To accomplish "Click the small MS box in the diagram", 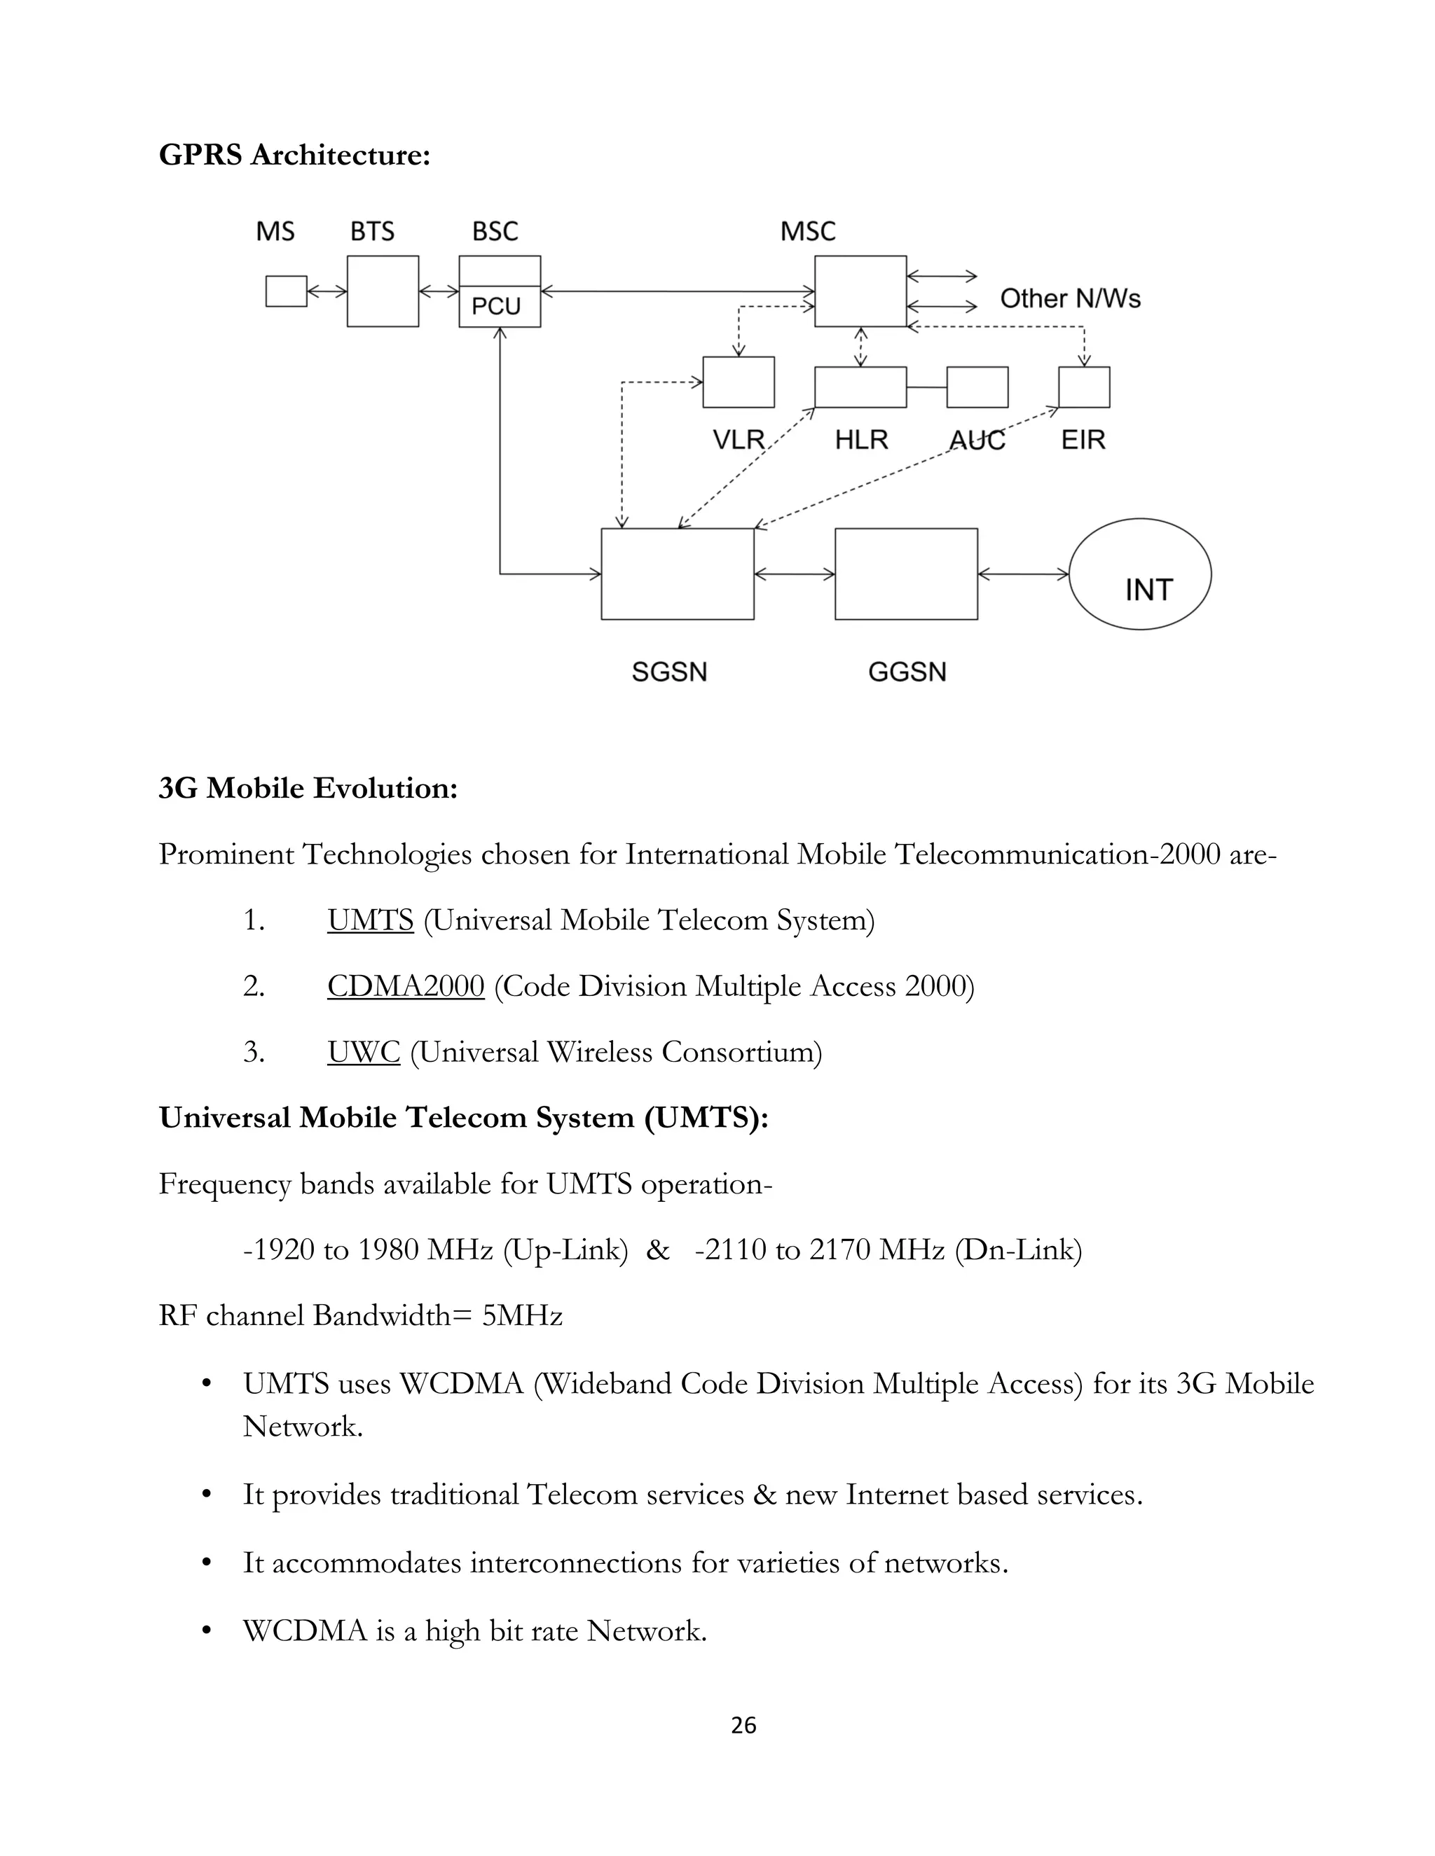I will tap(286, 291).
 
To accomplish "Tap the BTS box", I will tap(383, 291).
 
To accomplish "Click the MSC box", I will tap(860, 291).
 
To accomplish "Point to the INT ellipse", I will tap(1139, 574).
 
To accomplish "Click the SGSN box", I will tap(678, 574).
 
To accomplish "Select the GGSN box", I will tap(906, 574).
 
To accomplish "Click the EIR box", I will tap(1084, 387).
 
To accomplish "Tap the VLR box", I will tap(739, 382).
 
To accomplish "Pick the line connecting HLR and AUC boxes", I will tap(926, 387).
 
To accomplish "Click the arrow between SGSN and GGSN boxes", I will tap(795, 574).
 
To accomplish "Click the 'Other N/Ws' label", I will tap(1069, 298).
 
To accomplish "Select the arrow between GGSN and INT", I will tap(1024, 574).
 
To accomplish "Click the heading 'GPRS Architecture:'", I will tap(294, 155).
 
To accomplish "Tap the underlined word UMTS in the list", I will tap(371, 920).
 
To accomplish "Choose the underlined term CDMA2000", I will tap(406, 986).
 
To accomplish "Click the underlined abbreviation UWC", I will tap(364, 1052).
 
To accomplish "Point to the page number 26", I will tap(743, 1726).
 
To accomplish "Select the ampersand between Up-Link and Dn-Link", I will tap(657, 1250).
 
